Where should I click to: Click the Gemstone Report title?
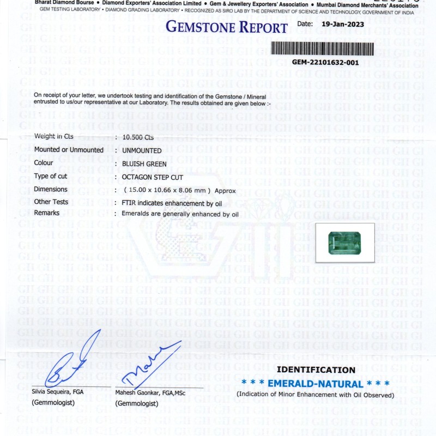[226, 27]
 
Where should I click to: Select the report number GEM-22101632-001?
[325, 62]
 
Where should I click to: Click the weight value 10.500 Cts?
[138, 137]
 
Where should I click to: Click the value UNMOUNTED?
[142, 150]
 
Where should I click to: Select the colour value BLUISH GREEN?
[144, 163]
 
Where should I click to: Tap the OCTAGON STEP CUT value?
[153, 177]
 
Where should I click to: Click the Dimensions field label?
[51, 189]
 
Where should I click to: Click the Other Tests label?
[51, 202]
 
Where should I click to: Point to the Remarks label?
[47, 213]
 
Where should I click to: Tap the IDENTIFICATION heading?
[316, 370]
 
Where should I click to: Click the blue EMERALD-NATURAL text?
[316, 384]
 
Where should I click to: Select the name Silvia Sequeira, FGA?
[58, 391]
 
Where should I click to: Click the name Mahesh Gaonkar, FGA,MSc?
[150, 392]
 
